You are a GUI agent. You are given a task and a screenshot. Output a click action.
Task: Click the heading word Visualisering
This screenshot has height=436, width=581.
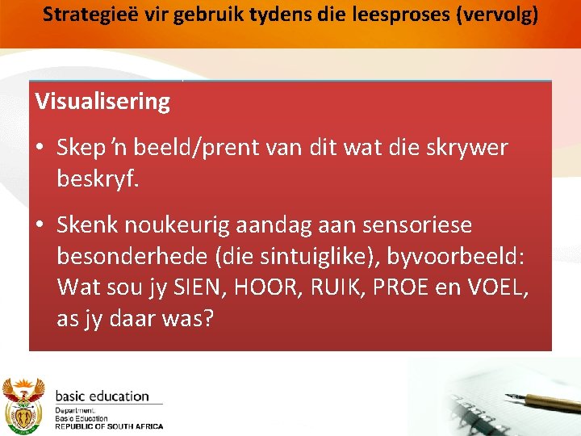(102, 103)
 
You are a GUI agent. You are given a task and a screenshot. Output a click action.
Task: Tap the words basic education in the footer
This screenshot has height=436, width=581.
(102, 396)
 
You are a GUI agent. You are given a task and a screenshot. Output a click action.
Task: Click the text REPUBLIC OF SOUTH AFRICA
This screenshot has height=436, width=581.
(109, 426)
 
